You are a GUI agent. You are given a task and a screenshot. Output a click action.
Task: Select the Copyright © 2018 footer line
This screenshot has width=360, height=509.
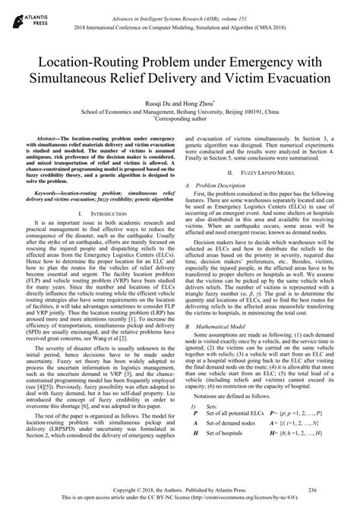(x=180, y=491)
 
